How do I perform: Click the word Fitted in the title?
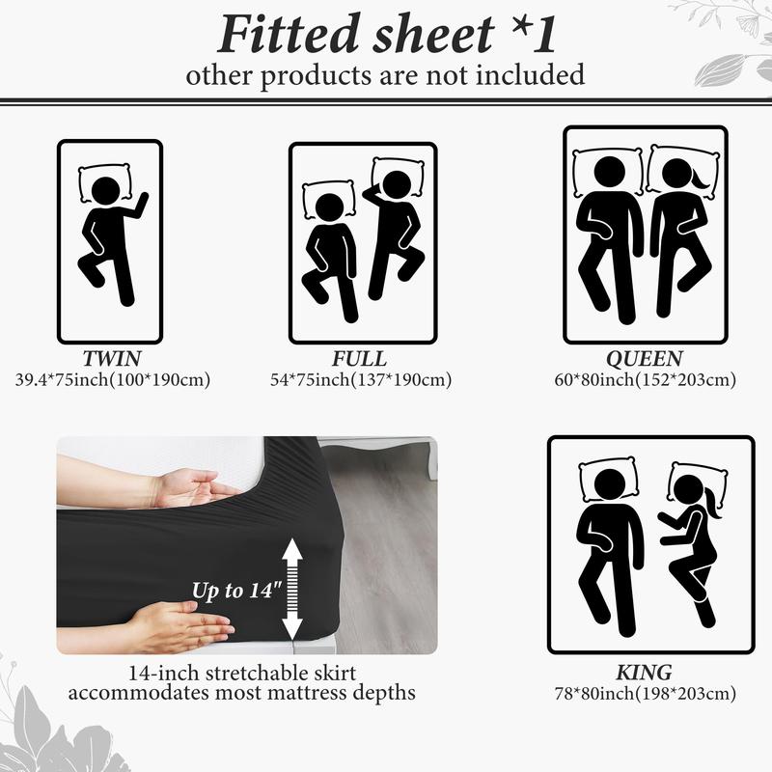point(289,35)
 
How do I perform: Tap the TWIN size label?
point(112,358)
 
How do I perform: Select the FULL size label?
point(359,358)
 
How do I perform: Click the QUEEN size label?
point(645,359)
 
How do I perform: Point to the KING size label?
point(644,672)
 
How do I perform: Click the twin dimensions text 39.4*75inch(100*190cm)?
point(113,379)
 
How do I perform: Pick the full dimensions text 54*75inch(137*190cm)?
point(361,379)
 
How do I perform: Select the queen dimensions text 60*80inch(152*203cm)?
point(645,379)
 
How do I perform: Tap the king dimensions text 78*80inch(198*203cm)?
point(645,693)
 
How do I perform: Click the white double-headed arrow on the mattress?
point(292,589)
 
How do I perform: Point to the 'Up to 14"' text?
point(236,591)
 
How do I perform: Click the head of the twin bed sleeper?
point(106,191)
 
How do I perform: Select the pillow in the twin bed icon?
point(105,183)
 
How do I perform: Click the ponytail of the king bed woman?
point(712,502)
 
